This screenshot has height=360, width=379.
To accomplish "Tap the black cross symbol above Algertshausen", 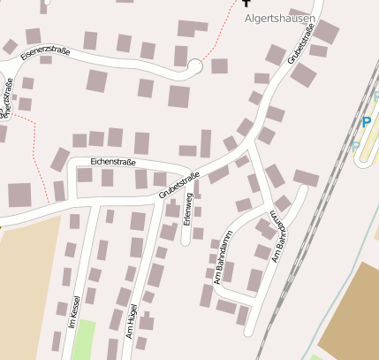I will pyautogui.click(x=247, y=4).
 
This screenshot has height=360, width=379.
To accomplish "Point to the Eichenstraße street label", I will pyautogui.click(x=114, y=163).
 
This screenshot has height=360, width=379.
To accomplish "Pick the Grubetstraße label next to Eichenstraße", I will pyautogui.click(x=180, y=183).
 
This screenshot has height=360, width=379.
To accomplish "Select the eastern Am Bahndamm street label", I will pyautogui.click(x=280, y=237).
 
